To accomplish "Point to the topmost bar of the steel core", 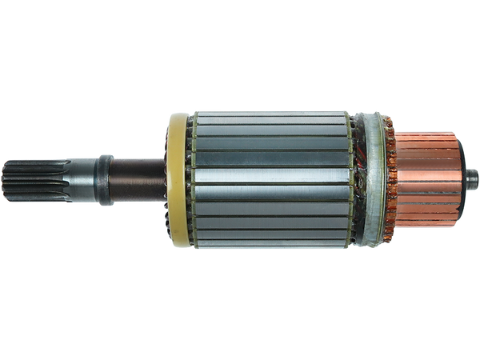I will pos(272,114).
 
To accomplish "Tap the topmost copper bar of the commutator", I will pos(428,134).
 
